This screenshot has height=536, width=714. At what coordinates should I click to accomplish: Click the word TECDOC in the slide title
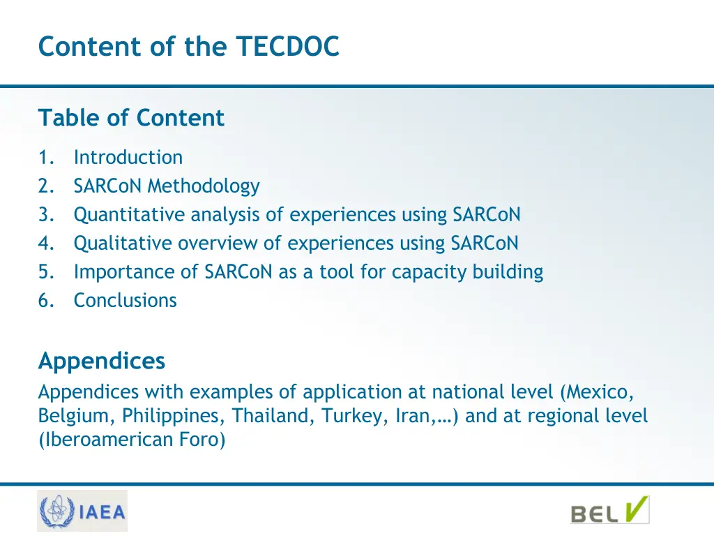(287, 47)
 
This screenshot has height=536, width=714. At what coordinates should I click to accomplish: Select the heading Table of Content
(131, 118)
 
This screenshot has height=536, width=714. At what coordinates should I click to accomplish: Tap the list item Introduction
(128, 158)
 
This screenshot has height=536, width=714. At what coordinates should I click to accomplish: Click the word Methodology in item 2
(203, 186)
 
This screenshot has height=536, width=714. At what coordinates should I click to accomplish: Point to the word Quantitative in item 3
(130, 215)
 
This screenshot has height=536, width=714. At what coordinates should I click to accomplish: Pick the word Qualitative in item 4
(123, 244)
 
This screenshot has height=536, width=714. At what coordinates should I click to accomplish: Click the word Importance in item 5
(121, 272)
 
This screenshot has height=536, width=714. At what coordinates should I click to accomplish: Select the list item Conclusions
(126, 301)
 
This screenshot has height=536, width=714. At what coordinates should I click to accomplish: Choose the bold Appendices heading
(102, 362)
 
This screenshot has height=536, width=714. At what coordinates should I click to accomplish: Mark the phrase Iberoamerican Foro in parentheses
(132, 440)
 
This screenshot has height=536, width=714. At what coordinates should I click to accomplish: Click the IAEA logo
(82, 512)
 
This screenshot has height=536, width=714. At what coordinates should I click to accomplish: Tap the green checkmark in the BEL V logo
(636, 509)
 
